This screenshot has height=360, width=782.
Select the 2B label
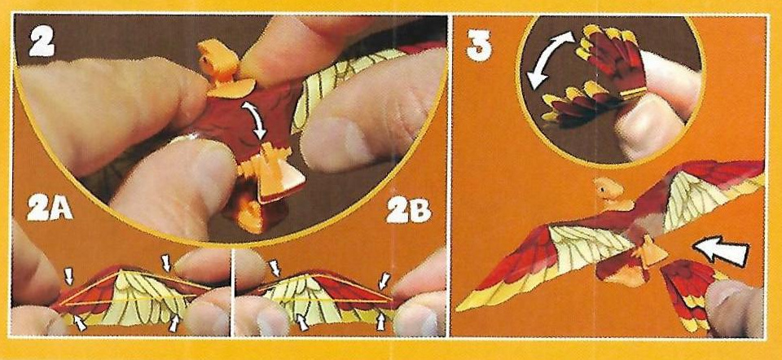pyautogui.click(x=409, y=212)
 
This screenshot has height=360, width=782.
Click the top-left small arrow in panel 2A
pyautogui.click(x=68, y=275)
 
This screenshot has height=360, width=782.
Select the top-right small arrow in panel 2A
pyautogui.click(x=167, y=262)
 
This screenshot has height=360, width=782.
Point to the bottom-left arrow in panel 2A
pyautogui.click(x=79, y=323)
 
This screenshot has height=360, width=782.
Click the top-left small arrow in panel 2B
pyautogui.click(x=275, y=267)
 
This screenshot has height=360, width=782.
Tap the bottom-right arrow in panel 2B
pyautogui.click(x=381, y=321)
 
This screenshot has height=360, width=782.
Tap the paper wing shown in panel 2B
pyautogui.click(x=324, y=296)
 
